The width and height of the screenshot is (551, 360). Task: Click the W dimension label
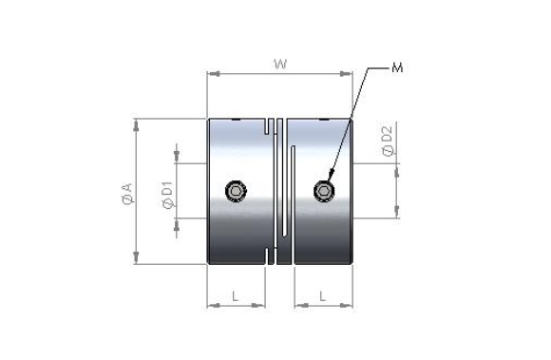(x=280, y=65)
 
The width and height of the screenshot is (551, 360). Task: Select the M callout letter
(x=397, y=67)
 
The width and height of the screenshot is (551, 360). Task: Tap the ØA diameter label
(x=128, y=194)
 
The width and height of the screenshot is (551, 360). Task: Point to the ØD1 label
(x=168, y=195)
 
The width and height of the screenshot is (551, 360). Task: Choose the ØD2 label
(x=388, y=142)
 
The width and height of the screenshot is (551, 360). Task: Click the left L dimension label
(x=235, y=296)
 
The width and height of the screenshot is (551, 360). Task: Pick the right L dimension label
(x=323, y=296)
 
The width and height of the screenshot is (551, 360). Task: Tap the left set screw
(x=236, y=191)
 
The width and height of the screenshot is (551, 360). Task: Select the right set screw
(x=324, y=191)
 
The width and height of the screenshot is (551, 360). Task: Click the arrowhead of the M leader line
(x=331, y=175)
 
